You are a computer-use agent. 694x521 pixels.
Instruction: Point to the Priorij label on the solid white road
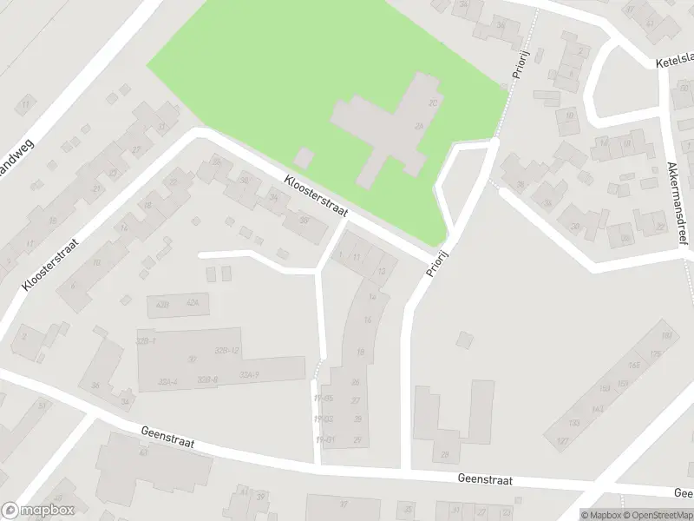pyautogui.click(x=439, y=260)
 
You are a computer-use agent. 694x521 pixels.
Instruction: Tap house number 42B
pyautogui.click(x=161, y=304)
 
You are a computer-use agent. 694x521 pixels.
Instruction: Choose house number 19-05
pyautogui.click(x=324, y=399)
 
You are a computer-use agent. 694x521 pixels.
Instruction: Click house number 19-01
pyautogui.click(x=325, y=440)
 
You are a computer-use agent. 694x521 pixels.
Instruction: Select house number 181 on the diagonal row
pyautogui.click(x=666, y=336)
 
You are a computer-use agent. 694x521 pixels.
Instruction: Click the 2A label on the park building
pyautogui.click(x=418, y=127)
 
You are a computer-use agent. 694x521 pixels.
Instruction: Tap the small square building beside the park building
pyautogui.click(x=303, y=159)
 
